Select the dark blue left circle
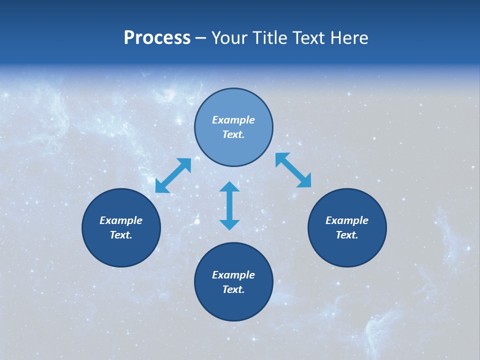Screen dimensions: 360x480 pyautogui.click(x=121, y=250)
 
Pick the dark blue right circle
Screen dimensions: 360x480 pyautogui.click(x=347, y=250)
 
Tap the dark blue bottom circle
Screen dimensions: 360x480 pyautogui.click(x=233, y=305)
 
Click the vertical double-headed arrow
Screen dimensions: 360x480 pyautogui.click(x=229, y=206)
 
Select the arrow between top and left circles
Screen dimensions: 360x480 pyautogui.click(x=173, y=175)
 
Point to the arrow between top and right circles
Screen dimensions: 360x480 pyautogui.click(x=293, y=170)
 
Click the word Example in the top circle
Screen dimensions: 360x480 pyautogui.click(x=233, y=120)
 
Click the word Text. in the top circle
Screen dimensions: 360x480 pyautogui.click(x=233, y=134)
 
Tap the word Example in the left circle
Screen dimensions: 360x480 pyautogui.click(x=121, y=220)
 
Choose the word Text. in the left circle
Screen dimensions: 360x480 pyautogui.click(x=121, y=235)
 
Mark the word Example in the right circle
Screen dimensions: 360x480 pyautogui.click(x=347, y=220)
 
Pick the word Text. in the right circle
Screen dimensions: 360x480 pyautogui.click(x=347, y=235)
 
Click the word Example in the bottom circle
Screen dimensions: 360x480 pyautogui.click(x=233, y=275)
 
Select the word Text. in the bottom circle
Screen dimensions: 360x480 pyautogui.click(x=233, y=289)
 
